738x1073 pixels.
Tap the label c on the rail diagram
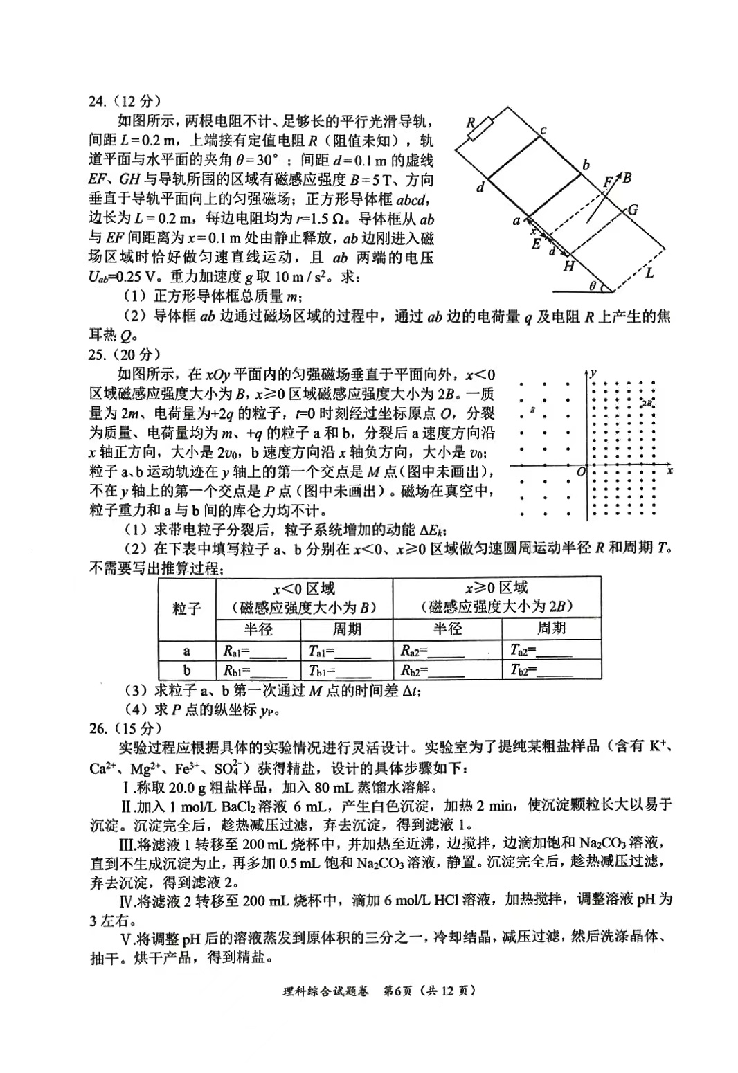pos(543,131)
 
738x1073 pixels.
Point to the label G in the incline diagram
pos(632,210)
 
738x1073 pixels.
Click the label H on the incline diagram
pos(568,267)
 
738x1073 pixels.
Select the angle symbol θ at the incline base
pos(593,285)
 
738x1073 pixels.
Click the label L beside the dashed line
pos(649,273)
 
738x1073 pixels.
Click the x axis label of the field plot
pos(669,470)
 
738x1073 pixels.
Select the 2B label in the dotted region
pos(647,403)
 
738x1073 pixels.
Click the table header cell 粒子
pos(187,609)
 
